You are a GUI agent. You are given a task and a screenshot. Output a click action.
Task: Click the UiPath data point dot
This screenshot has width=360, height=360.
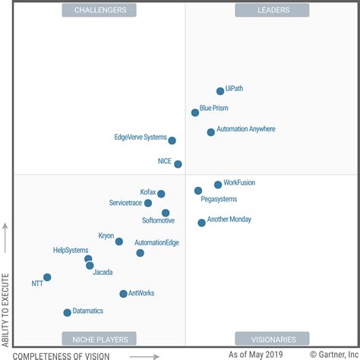[220, 91]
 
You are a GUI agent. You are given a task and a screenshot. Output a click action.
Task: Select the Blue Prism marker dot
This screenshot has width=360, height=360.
[195, 112]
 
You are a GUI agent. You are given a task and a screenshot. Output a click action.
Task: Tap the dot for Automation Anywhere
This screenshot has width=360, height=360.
[211, 132]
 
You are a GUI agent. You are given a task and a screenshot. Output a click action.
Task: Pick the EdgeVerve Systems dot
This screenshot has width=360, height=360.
[172, 141]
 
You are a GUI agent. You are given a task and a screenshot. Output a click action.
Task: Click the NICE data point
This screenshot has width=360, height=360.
[178, 164]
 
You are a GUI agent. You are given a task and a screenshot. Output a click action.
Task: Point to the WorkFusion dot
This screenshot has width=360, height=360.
[218, 185]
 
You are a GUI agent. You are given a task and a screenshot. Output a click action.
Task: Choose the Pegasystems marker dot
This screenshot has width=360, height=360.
[198, 191]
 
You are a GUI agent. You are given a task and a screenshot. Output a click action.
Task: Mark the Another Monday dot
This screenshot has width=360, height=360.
[201, 223]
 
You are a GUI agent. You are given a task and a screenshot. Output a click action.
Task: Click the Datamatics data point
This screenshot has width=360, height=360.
[67, 312]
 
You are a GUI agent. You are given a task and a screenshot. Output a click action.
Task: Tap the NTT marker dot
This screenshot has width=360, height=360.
[47, 277]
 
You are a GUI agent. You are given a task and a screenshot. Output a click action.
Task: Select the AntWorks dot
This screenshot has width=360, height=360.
[123, 293]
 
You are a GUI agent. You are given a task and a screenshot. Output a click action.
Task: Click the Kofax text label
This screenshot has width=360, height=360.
[147, 193]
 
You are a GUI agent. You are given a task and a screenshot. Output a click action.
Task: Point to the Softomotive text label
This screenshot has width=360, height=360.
[158, 221]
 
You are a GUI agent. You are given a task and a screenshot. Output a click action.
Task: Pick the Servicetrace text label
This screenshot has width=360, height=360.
[125, 204]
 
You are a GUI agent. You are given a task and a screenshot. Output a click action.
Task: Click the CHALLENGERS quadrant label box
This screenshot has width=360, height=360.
[100, 10]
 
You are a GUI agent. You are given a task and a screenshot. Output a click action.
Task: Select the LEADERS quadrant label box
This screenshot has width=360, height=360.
[261, 10]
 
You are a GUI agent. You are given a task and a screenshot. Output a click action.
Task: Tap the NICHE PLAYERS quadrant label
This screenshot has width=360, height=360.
[100, 339]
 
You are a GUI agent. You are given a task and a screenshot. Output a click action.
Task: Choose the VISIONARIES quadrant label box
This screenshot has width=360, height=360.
[261, 339]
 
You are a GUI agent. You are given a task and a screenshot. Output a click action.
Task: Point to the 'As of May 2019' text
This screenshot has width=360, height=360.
[257, 355]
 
